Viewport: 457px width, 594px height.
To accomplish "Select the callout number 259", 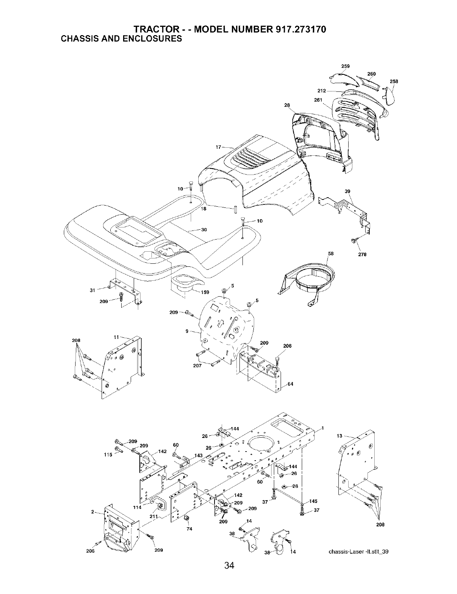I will click(x=345, y=66).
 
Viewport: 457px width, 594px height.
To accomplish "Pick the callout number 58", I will click(x=331, y=254).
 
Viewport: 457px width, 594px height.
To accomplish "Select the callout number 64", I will click(x=290, y=384).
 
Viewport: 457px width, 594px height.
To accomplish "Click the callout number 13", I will click(x=339, y=436).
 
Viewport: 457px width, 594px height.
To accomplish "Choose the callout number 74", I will click(x=190, y=529).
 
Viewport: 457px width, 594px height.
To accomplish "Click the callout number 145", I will click(x=313, y=502).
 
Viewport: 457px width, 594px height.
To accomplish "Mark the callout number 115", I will click(x=108, y=455).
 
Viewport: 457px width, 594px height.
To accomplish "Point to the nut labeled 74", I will click(x=186, y=518).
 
